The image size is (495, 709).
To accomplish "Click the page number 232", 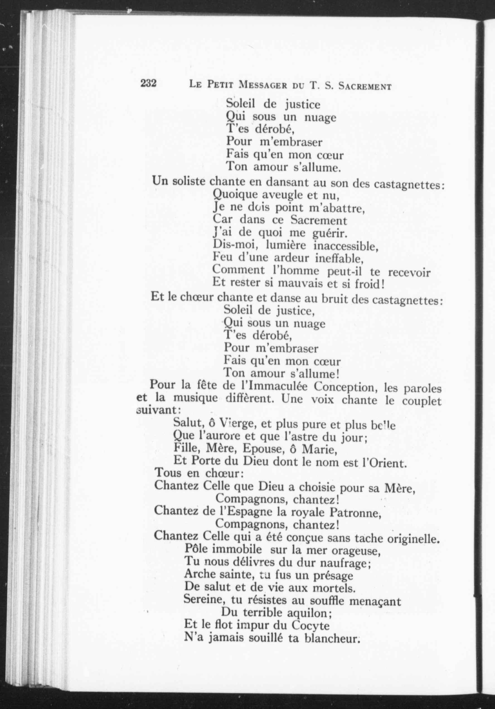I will click(x=149, y=83).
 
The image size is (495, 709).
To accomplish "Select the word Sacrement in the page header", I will click(x=365, y=86).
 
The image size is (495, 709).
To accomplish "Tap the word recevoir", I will click(x=409, y=273).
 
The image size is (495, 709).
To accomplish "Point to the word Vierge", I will click(x=234, y=425).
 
